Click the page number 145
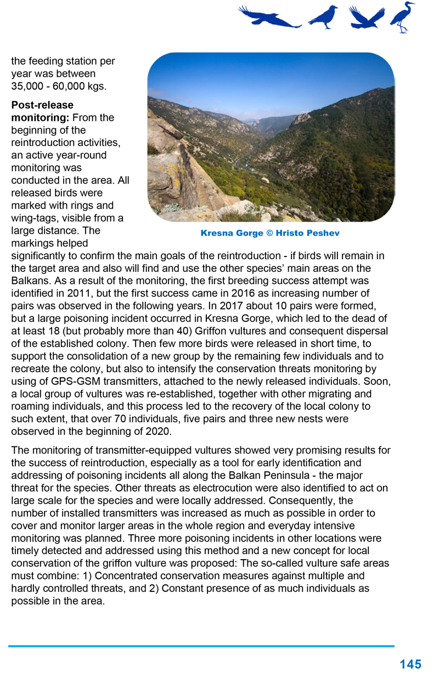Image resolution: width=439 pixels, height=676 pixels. [x=410, y=664]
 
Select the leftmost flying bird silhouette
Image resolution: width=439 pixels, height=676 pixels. [x=268, y=17]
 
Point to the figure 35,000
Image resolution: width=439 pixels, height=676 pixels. [x=28, y=86]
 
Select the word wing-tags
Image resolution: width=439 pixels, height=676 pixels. [x=33, y=218]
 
